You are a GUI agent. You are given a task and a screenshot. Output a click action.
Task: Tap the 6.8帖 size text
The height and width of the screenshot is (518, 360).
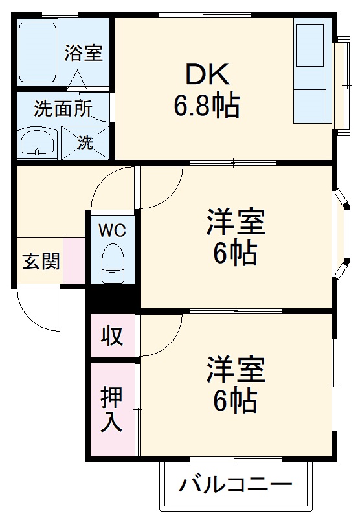click(207, 105)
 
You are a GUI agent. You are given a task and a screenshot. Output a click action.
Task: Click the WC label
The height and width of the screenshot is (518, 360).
click(112, 229)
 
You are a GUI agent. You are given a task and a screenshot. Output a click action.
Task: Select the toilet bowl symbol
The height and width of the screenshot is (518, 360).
click(113, 260)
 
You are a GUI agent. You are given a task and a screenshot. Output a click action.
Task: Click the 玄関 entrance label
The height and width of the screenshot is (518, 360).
click(41, 262)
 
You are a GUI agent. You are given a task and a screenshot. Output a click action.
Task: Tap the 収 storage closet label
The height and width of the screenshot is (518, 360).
click(112, 336)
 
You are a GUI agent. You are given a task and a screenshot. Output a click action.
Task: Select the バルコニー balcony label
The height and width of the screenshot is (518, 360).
click(236, 485)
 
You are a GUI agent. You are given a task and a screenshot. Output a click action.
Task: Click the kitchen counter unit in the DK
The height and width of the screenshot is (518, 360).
click(311, 71)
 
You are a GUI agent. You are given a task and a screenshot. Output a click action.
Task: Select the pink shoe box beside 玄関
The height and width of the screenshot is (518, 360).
click(74, 260)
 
